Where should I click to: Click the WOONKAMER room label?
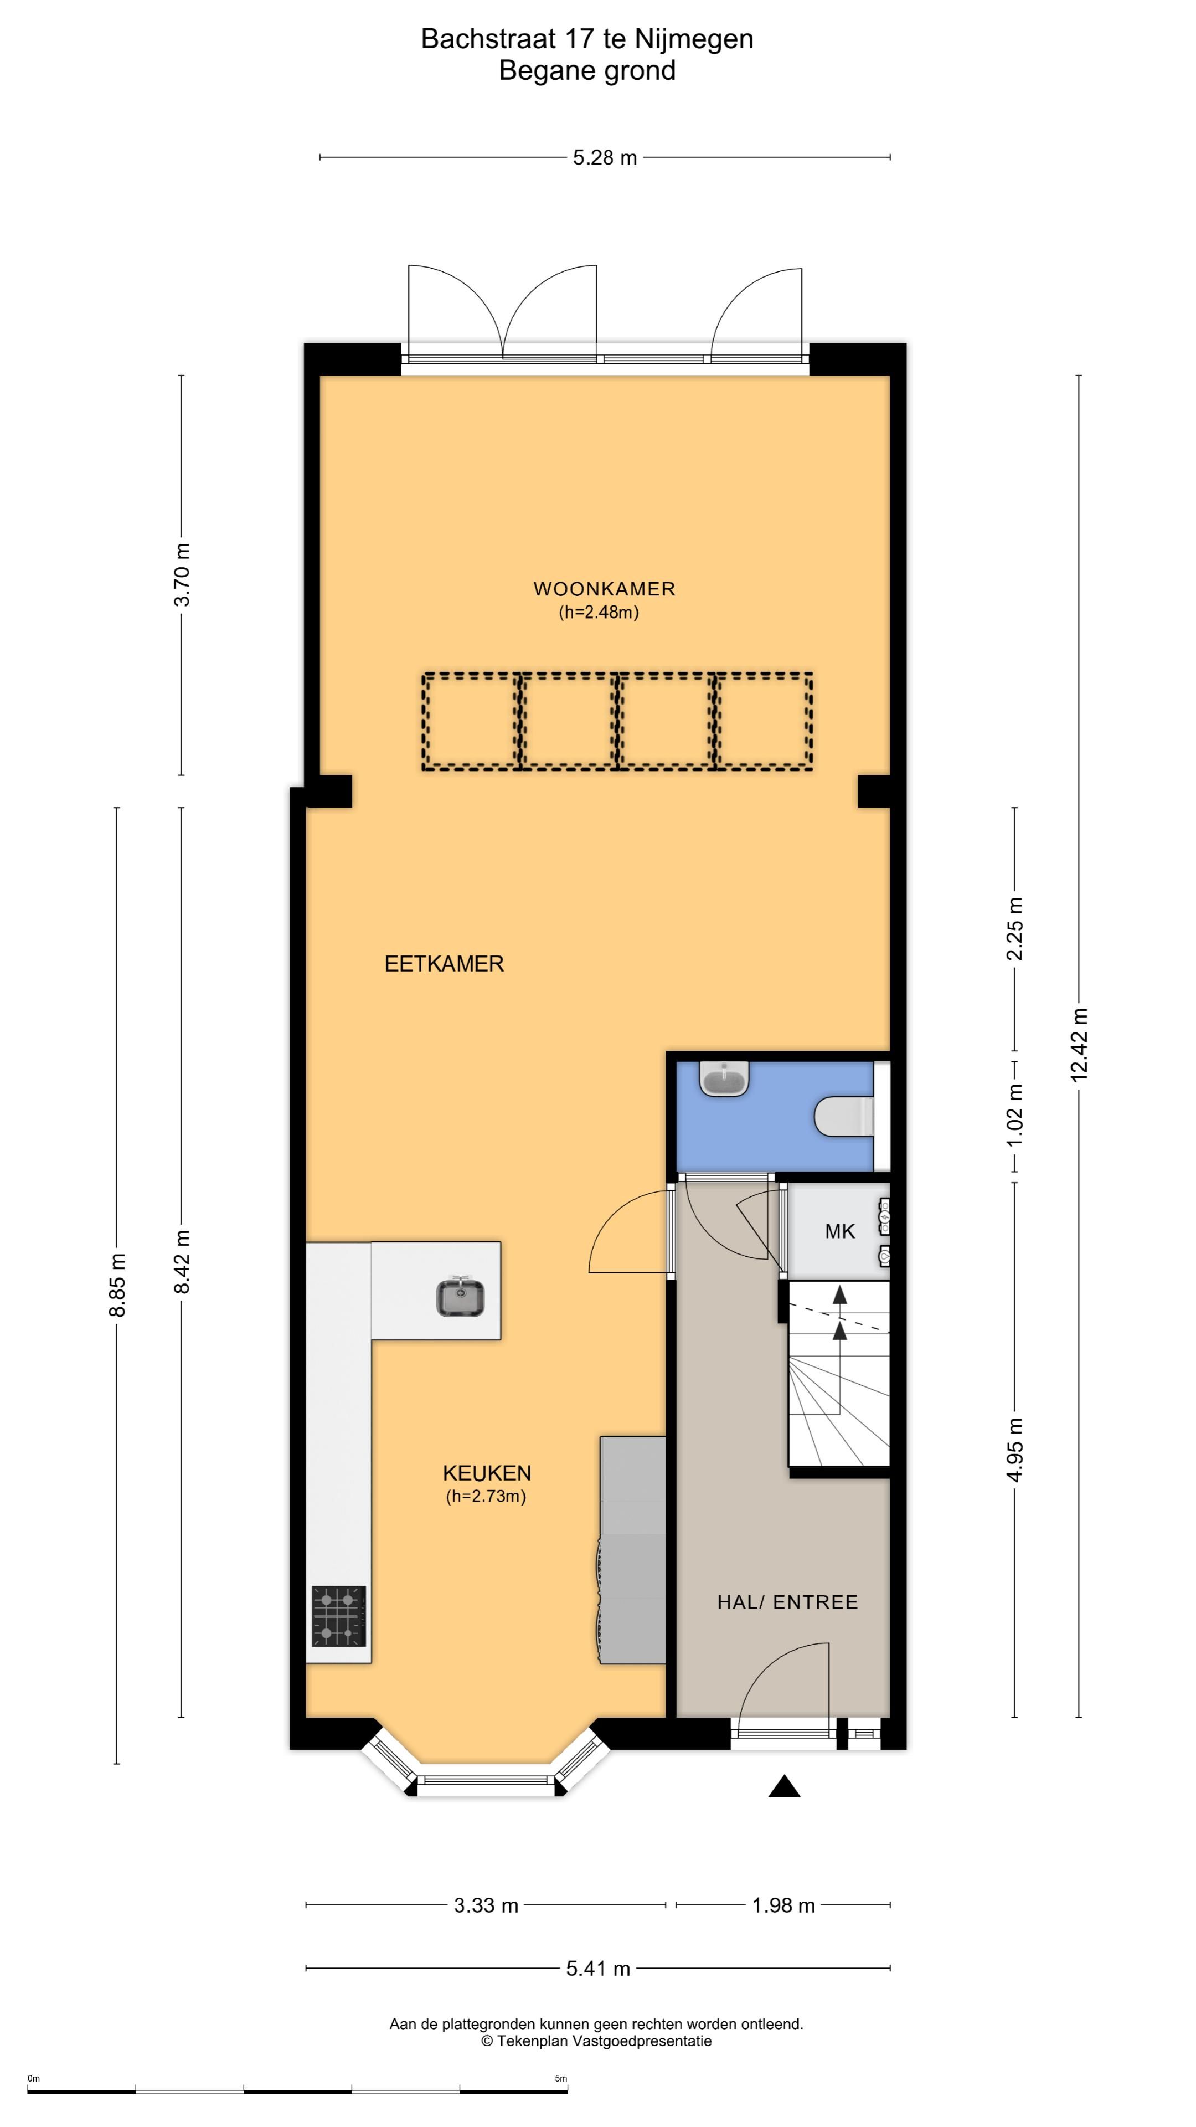604,589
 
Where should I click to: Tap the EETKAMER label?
444,964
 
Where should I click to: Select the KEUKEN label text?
487,1473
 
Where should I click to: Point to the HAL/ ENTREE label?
787,1602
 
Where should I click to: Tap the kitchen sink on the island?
460,1296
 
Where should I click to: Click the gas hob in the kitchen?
338,1616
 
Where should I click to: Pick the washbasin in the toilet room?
724,1078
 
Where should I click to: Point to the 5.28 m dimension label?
605,158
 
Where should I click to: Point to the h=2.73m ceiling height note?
486,1496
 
